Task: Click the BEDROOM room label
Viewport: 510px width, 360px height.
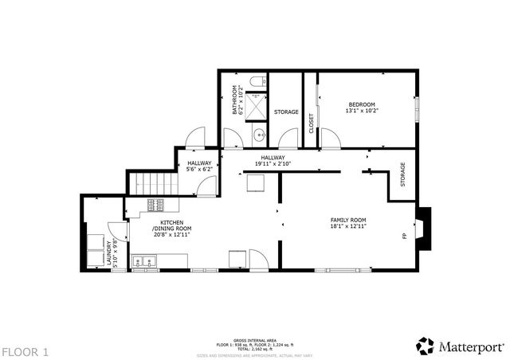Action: pos(362,104)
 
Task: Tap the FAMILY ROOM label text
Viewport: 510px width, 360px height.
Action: pos(349,220)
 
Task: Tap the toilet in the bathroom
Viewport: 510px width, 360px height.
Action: pos(254,82)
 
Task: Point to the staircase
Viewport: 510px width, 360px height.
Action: pos(151,183)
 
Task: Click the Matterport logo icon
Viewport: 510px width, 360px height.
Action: pos(425,346)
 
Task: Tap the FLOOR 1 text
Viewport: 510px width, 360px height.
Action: pos(25,350)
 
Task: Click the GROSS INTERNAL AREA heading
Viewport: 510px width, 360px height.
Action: pos(255,339)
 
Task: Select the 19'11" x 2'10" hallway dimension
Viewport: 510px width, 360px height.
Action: pos(273,164)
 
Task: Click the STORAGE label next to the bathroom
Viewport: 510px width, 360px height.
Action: pos(286,112)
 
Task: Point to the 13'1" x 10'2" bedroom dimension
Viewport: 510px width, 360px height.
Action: pos(363,111)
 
